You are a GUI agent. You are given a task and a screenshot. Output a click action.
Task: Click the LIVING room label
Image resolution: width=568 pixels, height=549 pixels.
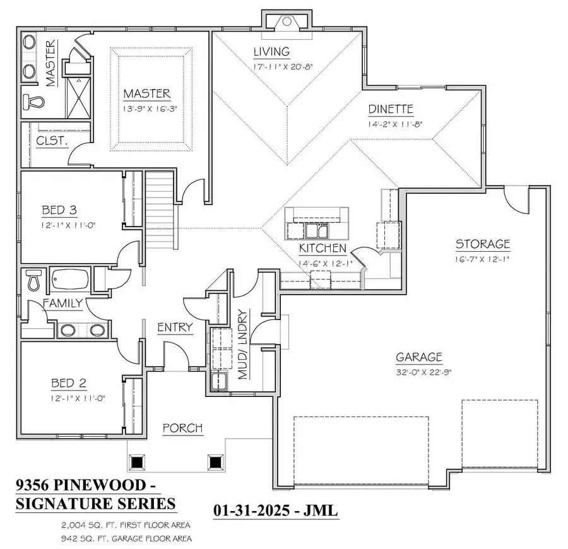coord(271,52)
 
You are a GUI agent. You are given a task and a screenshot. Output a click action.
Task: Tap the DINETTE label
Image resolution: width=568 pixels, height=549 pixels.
coord(391,109)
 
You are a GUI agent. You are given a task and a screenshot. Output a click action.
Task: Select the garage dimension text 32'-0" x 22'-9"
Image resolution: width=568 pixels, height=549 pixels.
coord(419,372)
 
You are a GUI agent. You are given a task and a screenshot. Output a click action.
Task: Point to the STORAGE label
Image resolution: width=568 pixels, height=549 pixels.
coord(483,244)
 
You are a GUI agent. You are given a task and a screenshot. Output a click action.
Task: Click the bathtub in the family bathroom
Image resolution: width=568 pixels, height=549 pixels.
coord(70,278)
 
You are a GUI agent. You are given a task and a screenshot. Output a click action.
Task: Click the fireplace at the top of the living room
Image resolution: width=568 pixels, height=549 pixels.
coord(286,22)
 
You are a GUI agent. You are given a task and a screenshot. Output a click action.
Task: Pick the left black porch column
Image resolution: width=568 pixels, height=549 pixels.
coord(137,462)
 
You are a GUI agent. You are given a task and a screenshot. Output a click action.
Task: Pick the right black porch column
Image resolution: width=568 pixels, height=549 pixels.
coord(216,462)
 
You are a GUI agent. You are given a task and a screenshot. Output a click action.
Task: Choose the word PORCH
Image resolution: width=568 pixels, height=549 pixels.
coord(182,428)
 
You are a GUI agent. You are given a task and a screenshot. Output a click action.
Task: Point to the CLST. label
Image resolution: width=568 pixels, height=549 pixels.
coord(52,141)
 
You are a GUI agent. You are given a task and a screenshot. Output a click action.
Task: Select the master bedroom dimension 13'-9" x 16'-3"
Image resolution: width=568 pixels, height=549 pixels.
coord(147,109)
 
